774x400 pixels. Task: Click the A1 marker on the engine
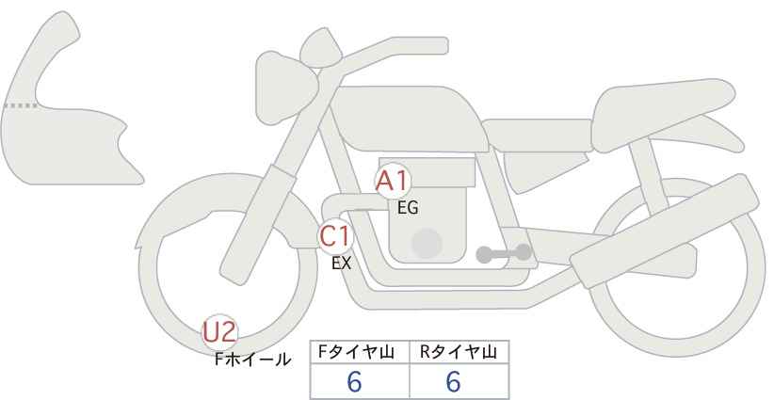tap(393, 182)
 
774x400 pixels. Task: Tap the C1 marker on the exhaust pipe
tap(335, 236)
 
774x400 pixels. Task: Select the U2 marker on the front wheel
tap(220, 332)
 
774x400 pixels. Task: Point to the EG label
tap(408, 208)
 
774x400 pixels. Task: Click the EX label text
tap(341, 264)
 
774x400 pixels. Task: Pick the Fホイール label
tap(252, 360)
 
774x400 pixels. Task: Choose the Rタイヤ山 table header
tap(459, 352)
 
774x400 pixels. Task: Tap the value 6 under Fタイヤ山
tap(354, 381)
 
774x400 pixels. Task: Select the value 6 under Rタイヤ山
tap(453, 381)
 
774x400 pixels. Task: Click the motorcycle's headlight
tap(285, 88)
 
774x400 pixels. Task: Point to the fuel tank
tap(407, 119)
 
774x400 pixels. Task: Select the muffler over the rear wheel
tap(664, 231)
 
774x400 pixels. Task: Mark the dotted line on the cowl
tap(20, 105)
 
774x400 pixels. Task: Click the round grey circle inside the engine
tap(427, 244)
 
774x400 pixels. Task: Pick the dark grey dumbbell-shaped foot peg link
tap(504, 253)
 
